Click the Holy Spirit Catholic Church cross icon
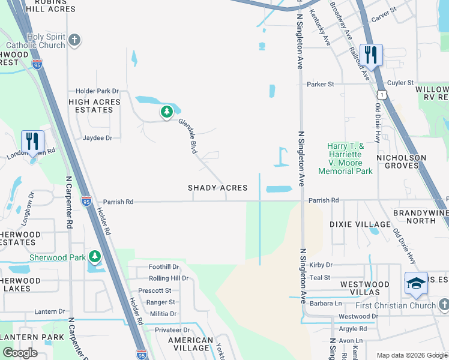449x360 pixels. tap(74, 41)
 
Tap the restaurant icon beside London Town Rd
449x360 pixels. tap(32, 142)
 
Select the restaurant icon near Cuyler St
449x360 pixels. tap(370, 55)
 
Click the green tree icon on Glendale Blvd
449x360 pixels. tap(166, 112)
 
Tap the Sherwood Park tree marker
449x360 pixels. tap(94, 257)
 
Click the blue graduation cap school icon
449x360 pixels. tap(415, 284)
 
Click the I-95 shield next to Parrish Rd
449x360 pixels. tap(86, 201)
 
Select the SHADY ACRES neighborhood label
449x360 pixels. tap(217, 188)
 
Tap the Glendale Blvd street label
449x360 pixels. tap(188, 136)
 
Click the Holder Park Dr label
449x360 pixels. tap(97, 91)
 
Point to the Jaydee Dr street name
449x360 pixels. tap(97, 138)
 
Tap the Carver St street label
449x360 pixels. tap(384, 11)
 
